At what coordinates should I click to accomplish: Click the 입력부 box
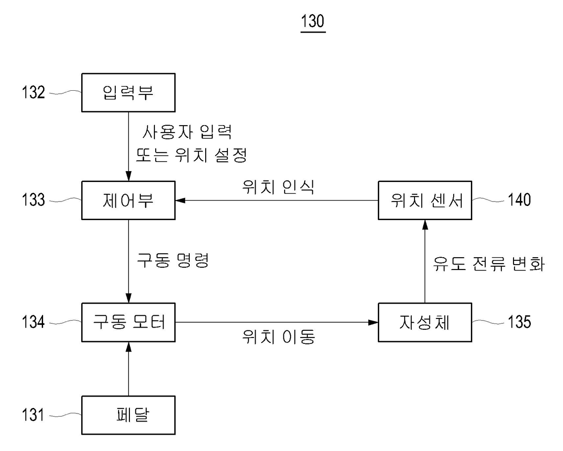click(128, 93)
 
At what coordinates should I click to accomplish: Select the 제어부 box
click(128, 200)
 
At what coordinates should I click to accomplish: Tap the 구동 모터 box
click(128, 322)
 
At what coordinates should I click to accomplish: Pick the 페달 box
click(128, 415)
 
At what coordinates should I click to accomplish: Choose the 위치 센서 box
click(425, 200)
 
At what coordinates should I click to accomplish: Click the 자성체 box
click(425, 322)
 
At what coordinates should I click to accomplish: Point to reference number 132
click(34, 93)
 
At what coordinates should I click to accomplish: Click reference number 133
click(34, 200)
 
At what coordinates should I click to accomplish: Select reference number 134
click(34, 322)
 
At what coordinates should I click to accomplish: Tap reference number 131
click(34, 415)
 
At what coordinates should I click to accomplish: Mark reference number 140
click(519, 200)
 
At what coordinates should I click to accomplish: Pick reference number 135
click(519, 322)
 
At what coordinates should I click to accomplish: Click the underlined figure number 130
click(313, 21)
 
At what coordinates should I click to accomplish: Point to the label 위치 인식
click(278, 186)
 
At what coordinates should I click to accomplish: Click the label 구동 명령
click(173, 260)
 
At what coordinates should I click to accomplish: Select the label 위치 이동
click(278, 337)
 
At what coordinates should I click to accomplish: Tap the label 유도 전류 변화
click(489, 263)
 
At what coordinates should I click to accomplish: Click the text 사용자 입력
click(187, 132)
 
